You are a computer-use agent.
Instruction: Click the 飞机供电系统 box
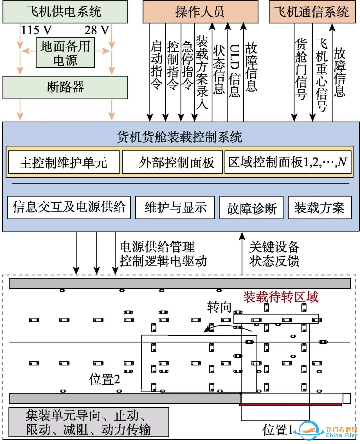[65, 12]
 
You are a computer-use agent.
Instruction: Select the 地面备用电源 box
[65, 53]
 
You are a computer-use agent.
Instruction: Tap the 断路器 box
[65, 87]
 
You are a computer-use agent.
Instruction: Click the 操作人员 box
[200, 12]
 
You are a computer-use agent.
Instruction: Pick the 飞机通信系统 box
[312, 12]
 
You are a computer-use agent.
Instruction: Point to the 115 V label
[36, 30]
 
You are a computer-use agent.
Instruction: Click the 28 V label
[97, 30]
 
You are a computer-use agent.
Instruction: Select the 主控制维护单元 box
[63, 163]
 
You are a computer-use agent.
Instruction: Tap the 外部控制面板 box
[172, 163]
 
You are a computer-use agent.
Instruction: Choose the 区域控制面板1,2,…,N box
[288, 162]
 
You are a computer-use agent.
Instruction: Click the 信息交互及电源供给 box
[69, 207]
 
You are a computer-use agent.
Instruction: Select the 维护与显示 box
[175, 207]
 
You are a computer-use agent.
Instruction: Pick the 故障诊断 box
[251, 208]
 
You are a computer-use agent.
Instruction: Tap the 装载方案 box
[319, 207]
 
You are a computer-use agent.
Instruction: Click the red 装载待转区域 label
[281, 297]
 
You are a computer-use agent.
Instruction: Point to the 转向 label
[219, 307]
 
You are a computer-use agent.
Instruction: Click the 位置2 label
[104, 379]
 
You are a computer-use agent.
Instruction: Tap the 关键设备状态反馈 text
[274, 254]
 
